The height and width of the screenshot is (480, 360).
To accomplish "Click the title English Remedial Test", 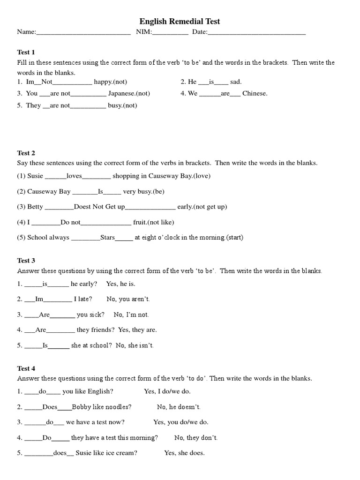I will [180, 21].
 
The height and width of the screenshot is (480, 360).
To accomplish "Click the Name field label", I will [26, 32].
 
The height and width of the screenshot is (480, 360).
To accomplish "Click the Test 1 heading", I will [26, 52].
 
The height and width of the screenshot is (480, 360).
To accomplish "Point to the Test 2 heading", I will [26, 153].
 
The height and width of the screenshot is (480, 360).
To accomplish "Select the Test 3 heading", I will [26, 261].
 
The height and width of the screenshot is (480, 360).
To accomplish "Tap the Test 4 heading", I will [26, 368].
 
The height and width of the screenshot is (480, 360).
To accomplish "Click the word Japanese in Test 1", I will [122, 93].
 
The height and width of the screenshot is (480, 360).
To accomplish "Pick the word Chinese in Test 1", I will [255, 93].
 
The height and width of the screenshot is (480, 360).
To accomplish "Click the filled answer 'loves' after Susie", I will [74, 176].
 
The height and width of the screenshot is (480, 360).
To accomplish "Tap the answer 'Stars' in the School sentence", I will [107, 238].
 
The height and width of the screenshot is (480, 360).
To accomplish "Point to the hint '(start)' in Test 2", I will [234, 238].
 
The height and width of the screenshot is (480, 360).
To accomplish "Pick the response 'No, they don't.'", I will [196, 438].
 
